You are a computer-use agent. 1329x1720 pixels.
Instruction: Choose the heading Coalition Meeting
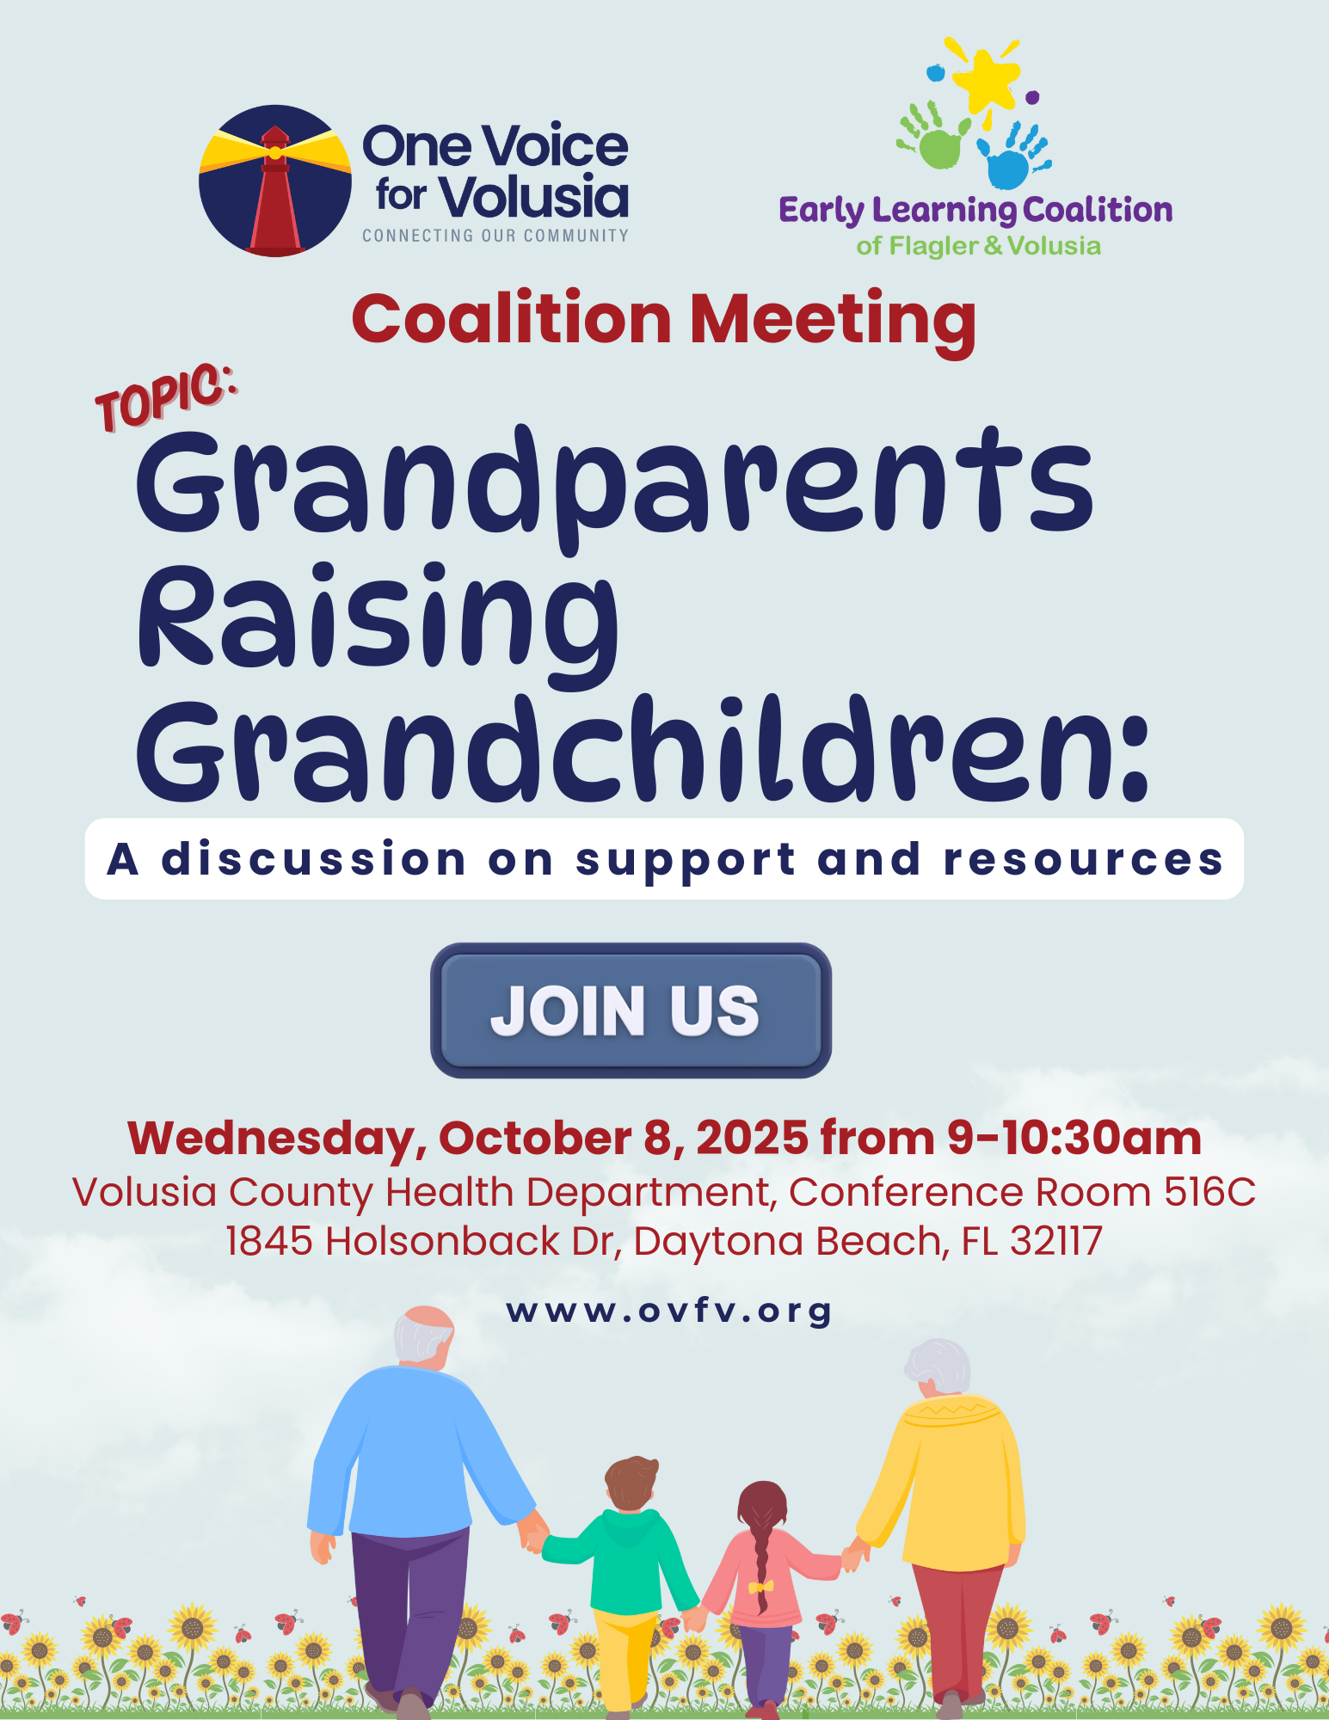click(664, 320)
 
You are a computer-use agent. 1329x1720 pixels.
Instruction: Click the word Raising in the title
click(378, 621)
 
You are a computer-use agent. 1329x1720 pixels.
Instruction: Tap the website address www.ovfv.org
click(668, 1312)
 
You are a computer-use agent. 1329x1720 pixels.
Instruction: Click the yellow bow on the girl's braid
click(760, 1586)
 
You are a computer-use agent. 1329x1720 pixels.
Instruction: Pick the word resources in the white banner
click(1083, 860)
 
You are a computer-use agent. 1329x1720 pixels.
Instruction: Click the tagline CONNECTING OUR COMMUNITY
click(495, 236)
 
